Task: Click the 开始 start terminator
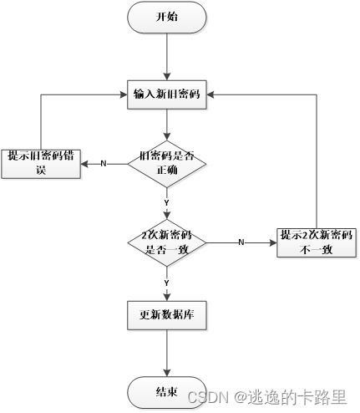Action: [167, 18]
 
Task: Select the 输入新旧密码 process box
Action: [167, 94]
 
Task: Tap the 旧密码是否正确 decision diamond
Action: [167, 163]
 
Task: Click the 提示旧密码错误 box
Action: [40, 162]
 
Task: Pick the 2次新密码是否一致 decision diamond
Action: [167, 242]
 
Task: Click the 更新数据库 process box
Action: [167, 316]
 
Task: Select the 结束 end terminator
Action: [167, 391]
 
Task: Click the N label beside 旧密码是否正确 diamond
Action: [104, 163]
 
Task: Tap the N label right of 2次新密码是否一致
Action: [241, 242]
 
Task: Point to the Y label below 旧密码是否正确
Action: [167, 202]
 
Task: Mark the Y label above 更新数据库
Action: [167, 283]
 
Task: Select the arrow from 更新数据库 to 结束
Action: [167, 353]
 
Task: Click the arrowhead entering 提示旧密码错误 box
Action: [84, 163]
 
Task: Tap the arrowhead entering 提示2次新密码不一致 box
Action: [273, 242]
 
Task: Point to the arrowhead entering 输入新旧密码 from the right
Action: [212, 94]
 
